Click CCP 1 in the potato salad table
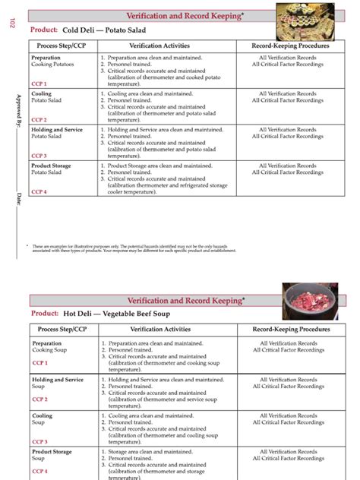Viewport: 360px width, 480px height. coord(39,84)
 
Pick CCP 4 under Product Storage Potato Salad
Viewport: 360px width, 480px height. coord(39,191)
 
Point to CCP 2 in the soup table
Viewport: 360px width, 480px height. coord(40,399)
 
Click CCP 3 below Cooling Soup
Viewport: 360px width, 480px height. coord(40,441)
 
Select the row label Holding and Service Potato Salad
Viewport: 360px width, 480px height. coord(57,133)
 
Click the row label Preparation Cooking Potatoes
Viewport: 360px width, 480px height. coord(52,62)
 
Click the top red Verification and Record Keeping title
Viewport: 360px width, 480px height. coord(185,16)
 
